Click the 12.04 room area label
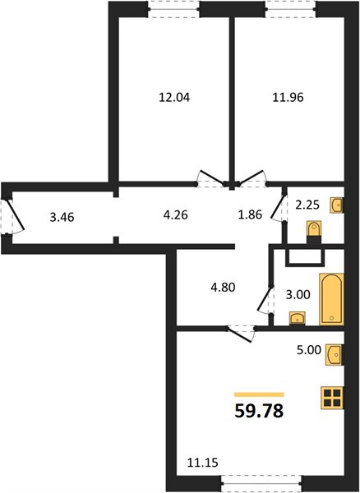coord(174,98)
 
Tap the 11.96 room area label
coord(288,98)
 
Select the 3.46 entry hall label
coord(62,217)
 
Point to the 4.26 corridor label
coord(175,215)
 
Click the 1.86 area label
coord(250,214)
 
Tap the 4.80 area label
coord(223,288)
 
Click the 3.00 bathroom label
coord(298,295)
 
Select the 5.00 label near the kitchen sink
coord(309,350)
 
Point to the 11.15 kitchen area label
coord(203,463)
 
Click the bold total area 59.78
coord(259,411)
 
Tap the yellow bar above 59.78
coord(259,395)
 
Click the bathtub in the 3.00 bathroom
coord(331,299)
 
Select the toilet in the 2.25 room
coord(314,232)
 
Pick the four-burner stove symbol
coord(332,398)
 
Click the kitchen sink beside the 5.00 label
coord(335,355)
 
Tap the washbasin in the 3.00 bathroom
coord(297,318)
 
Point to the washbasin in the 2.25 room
coord(337,205)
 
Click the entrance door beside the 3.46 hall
coord(12,216)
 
